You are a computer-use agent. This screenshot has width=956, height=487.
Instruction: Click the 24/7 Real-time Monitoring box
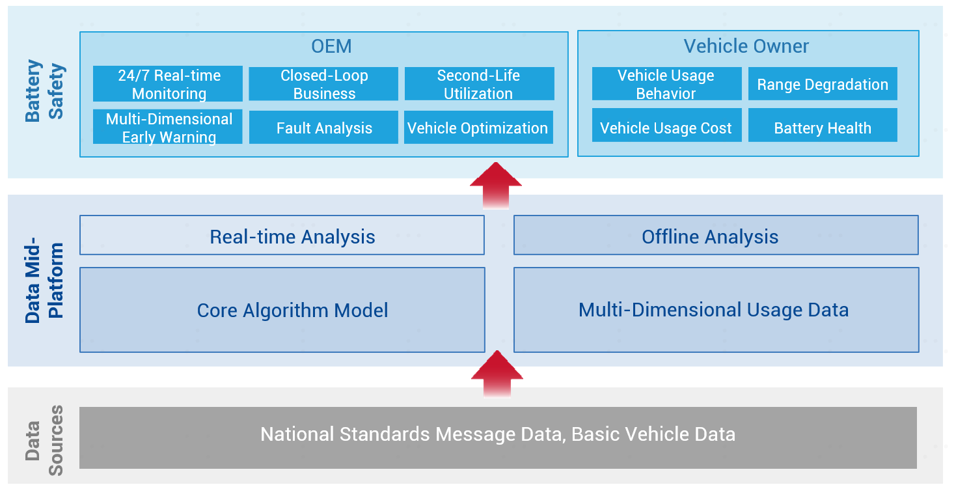(x=168, y=83)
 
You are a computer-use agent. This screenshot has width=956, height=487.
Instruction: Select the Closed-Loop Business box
(x=323, y=83)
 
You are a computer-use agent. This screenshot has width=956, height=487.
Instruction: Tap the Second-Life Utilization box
(x=479, y=83)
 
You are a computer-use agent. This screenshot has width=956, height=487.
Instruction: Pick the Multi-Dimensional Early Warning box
(x=168, y=127)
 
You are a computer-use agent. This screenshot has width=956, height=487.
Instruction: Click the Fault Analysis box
(x=323, y=127)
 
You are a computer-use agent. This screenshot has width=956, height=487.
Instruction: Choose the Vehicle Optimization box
(x=478, y=127)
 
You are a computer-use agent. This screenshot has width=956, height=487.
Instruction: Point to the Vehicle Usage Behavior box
(x=666, y=83)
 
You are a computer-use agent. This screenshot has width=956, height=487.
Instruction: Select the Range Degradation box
(x=823, y=83)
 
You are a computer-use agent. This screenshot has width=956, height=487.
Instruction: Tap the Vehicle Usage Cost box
(x=666, y=125)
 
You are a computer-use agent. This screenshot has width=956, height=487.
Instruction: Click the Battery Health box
(x=823, y=125)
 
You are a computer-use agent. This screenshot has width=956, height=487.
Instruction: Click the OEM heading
(x=332, y=46)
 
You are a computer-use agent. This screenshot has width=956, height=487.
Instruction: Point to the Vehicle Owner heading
(x=746, y=46)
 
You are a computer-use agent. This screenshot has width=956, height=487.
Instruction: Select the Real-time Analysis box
(x=282, y=235)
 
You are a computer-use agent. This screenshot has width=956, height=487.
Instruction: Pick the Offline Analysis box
(x=716, y=235)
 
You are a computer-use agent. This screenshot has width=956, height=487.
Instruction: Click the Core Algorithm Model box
(x=282, y=310)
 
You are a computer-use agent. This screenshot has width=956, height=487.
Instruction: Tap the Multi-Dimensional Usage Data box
(x=716, y=310)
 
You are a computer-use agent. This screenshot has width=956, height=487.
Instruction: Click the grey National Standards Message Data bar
(x=498, y=438)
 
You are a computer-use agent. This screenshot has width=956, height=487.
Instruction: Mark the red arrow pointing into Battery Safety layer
(x=496, y=186)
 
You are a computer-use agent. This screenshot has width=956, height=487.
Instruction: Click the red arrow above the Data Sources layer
(x=497, y=374)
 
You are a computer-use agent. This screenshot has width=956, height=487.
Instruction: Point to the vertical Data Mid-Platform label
(x=44, y=281)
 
